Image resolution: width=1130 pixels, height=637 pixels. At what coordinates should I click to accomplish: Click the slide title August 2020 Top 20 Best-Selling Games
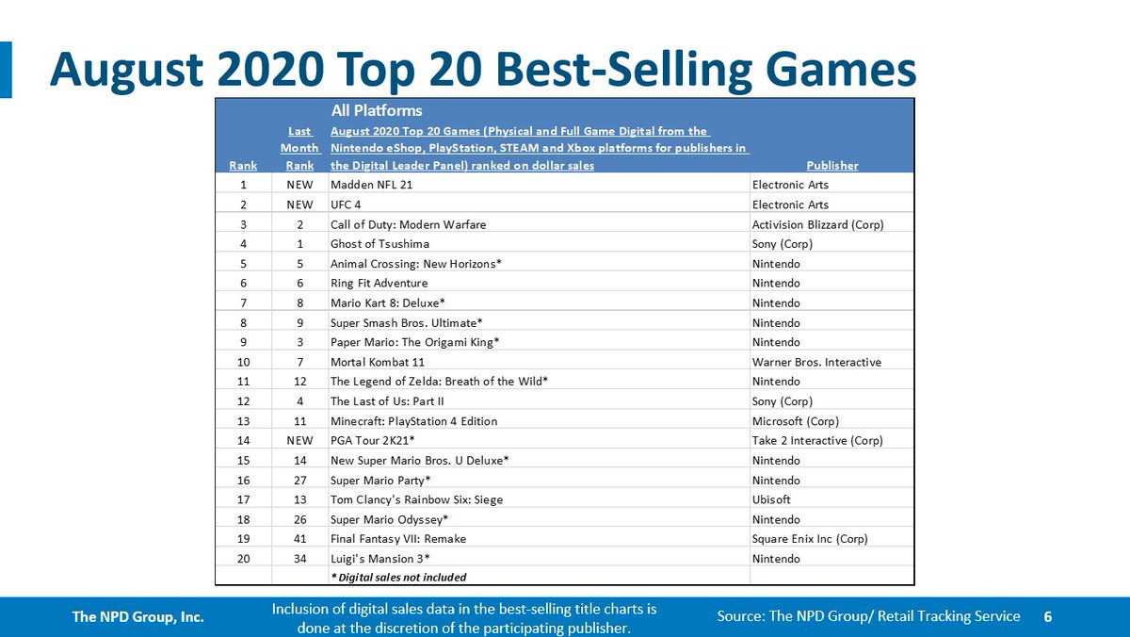[482, 69]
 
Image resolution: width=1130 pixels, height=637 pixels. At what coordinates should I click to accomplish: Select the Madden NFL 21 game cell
[372, 185]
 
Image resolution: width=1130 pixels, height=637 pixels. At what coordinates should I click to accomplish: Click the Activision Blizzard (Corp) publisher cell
[817, 224]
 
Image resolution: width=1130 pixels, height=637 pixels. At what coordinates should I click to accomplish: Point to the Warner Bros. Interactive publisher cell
[816, 362]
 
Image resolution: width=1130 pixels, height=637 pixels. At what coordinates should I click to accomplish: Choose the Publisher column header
[832, 165]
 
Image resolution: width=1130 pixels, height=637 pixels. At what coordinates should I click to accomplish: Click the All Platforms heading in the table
[377, 111]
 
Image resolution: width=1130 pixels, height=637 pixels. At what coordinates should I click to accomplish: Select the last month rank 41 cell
[299, 539]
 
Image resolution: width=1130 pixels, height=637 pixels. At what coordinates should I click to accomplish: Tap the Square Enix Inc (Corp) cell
[810, 539]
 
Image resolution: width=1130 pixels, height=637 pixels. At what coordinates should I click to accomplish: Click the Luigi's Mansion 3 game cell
[374, 559]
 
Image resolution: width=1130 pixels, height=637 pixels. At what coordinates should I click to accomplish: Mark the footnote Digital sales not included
[398, 577]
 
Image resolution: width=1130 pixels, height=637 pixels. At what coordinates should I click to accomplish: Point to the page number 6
[1047, 616]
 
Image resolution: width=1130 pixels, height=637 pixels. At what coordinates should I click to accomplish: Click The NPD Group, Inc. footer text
[139, 617]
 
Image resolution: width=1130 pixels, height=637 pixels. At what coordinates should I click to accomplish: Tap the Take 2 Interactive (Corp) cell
[817, 440]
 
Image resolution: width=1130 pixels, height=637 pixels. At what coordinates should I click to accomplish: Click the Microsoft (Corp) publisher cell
[796, 421]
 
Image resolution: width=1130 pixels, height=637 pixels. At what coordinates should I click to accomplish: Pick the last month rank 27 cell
[299, 480]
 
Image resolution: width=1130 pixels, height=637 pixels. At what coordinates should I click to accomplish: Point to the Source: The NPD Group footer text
[867, 616]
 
